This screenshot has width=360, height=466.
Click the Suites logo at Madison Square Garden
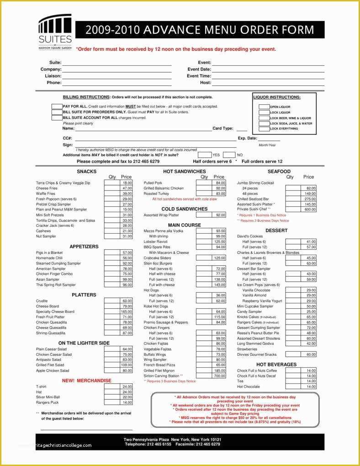(x=55, y=32)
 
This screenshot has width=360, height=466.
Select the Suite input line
(x=116, y=63)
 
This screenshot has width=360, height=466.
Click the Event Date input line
(x=268, y=70)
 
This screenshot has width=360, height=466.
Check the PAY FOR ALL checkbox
(x=57, y=107)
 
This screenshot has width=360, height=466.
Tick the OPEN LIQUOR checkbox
(x=264, y=107)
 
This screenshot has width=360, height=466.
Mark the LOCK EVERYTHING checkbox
(x=264, y=129)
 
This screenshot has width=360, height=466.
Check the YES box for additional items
(x=204, y=155)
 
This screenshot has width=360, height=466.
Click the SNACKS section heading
(x=86, y=171)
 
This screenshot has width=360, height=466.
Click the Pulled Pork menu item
(x=153, y=183)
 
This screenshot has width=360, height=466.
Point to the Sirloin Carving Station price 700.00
(x=219, y=376)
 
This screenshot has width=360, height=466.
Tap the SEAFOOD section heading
(x=279, y=171)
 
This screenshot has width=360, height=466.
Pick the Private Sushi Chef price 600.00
(x=308, y=210)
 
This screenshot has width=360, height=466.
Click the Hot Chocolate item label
(x=248, y=387)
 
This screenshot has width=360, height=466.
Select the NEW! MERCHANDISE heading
(x=86, y=380)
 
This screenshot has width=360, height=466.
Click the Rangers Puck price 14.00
(x=126, y=403)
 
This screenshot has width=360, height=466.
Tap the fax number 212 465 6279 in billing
(x=147, y=161)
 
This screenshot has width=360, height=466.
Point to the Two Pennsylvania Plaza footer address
(x=172, y=439)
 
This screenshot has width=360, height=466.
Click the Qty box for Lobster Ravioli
(x=204, y=241)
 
